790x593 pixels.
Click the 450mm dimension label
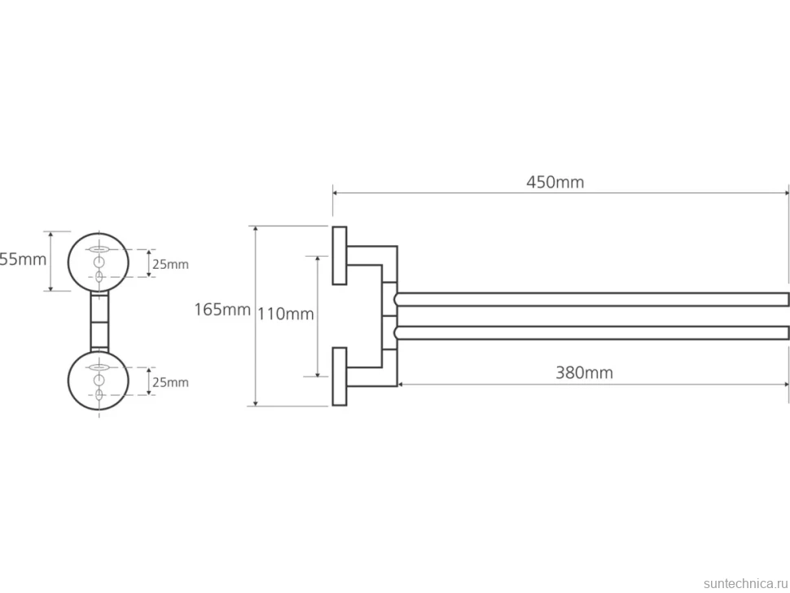click(555, 182)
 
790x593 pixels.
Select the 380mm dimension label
click(585, 373)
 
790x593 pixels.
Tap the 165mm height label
click(222, 310)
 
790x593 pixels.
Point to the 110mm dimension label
click(286, 314)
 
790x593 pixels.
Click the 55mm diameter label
click(23, 260)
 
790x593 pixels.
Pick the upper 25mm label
click(170, 264)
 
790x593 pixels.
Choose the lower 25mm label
click(170, 382)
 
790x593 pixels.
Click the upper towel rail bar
click(591, 299)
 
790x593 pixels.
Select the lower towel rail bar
click(591, 332)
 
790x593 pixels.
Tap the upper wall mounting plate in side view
click(340, 256)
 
